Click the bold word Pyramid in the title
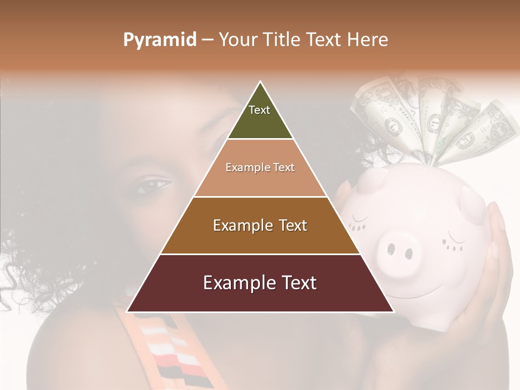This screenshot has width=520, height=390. click(x=160, y=40)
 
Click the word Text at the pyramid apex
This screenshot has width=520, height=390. click(x=259, y=110)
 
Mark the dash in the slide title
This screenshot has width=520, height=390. click(x=207, y=40)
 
